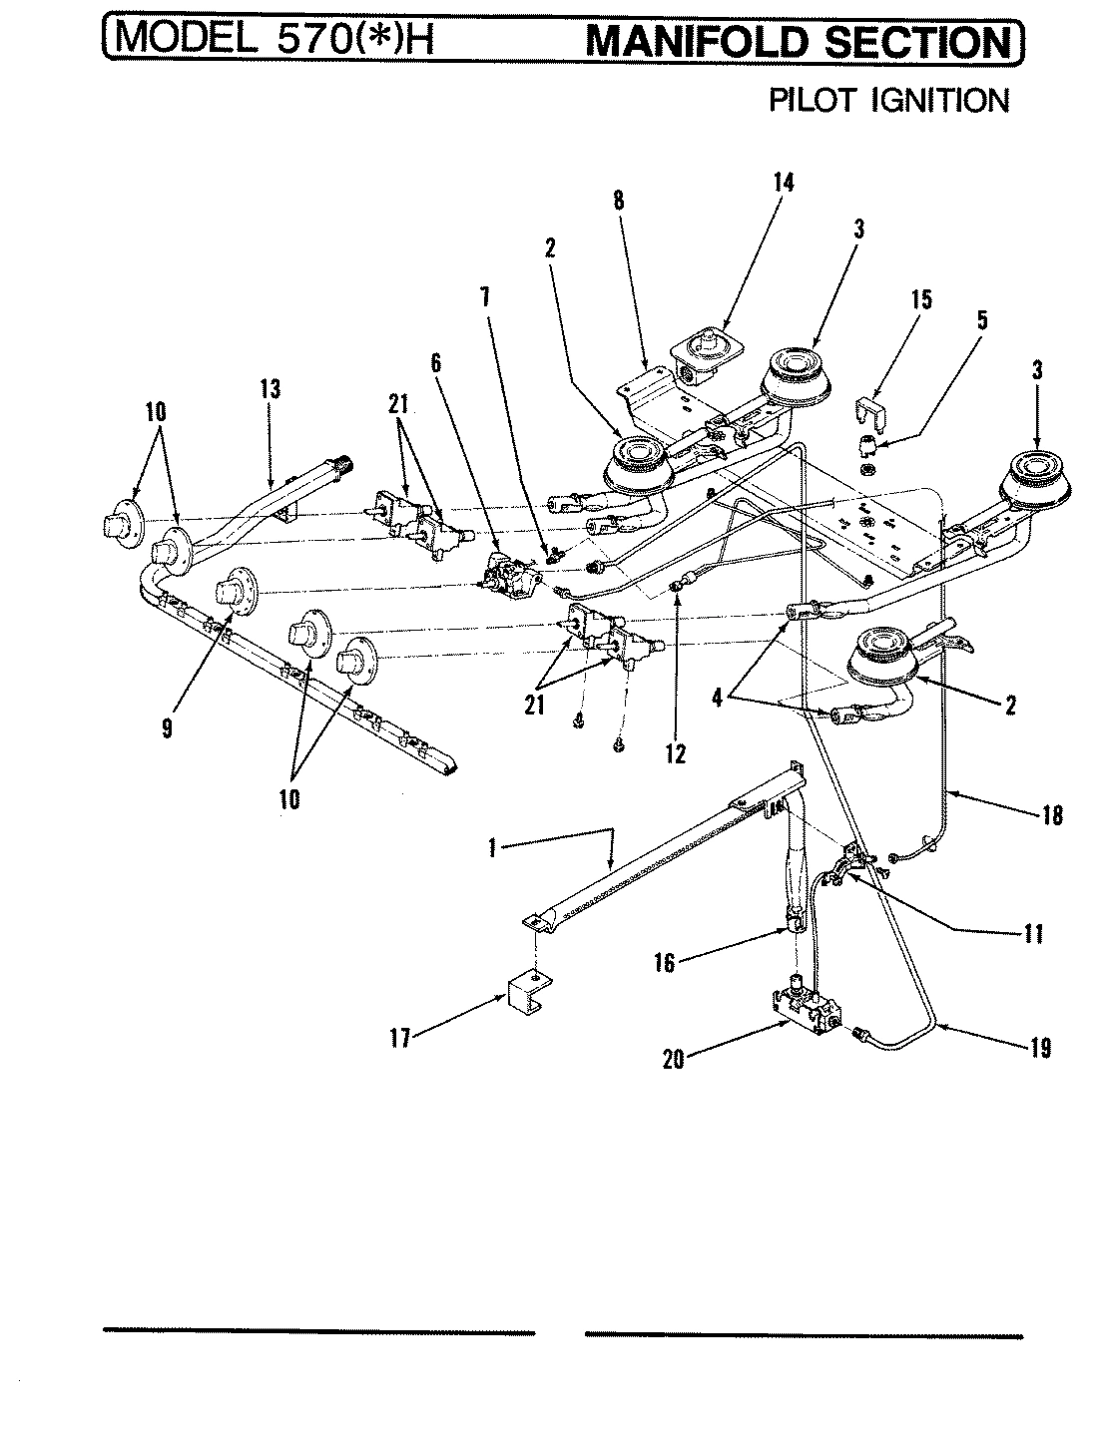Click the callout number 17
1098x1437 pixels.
pyautogui.click(x=398, y=1038)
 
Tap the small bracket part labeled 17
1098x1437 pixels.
pyautogui.click(x=522, y=992)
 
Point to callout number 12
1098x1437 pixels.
pyautogui.click(x=676, y=753)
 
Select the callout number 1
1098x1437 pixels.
pyautogui.click(x=492, y=848)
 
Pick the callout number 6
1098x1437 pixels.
pyautogui.click(x=436, y=364)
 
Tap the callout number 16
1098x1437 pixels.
pyautogui.click(x=665, y=963)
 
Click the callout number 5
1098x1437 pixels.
pyautogui.click(x=981, y=321)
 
